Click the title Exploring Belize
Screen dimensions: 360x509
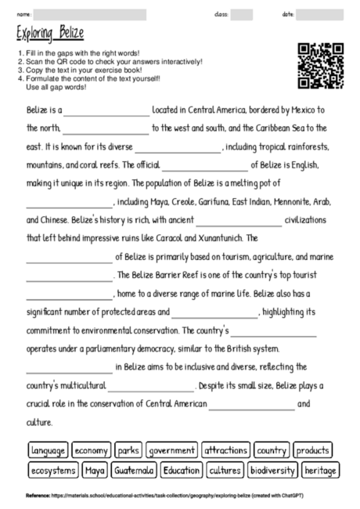click(x=50, y=34)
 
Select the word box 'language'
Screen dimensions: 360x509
click(x=49, y=450)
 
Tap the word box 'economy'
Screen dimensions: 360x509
click(x=92, y=450)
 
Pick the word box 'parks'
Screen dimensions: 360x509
click(x=128, y=450)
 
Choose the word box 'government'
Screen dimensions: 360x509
click(x=171, y=450)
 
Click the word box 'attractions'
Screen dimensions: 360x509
click(x=225, y=450)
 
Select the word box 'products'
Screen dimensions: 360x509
click(x=313, y=450)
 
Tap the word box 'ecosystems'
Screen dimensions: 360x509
click(x=53, y=471)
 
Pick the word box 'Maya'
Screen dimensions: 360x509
click(x=95, y=471)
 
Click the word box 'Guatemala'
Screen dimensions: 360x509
click(x=134, y=471)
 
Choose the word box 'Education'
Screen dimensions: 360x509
click(x=182, y=471)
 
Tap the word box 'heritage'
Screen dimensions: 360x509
click(x=320, y=471)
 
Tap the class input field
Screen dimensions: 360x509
click(x=241, y=14)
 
